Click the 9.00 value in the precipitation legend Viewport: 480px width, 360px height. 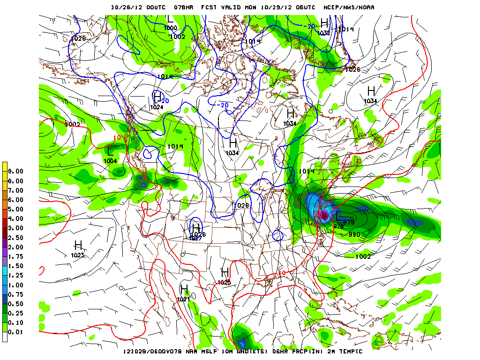coord(16,172)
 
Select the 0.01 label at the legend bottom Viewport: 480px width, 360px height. coord(16,332)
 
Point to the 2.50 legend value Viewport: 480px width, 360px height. coord(16,238)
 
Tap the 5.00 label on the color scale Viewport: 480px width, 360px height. coord(16,209)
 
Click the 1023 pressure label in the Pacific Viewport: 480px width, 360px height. coord(78,255)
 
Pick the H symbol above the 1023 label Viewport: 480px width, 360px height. coord(78,245)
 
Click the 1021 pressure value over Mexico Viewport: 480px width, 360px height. coord(184,299)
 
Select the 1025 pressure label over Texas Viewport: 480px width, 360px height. coord(225,282)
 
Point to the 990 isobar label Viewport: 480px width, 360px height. coord(354,234)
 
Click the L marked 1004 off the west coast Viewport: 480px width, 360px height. coord(111,151)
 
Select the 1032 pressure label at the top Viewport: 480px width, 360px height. coord(324,33)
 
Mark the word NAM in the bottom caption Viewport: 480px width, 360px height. coord(197,352)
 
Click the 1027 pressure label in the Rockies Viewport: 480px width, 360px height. coord(196,238)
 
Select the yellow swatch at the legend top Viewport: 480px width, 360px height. coord(5,167)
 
